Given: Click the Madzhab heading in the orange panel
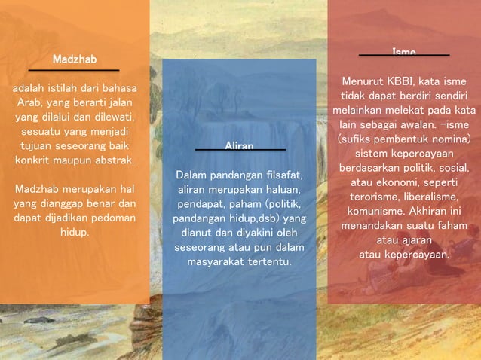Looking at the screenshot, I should (x=75, y=59).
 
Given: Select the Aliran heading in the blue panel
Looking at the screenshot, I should (x=239, y=145).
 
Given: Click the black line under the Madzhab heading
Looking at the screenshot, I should (x=75, y=70).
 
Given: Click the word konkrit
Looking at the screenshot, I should (x=32, y=160).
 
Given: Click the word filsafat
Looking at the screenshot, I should (x=277, y=175).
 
